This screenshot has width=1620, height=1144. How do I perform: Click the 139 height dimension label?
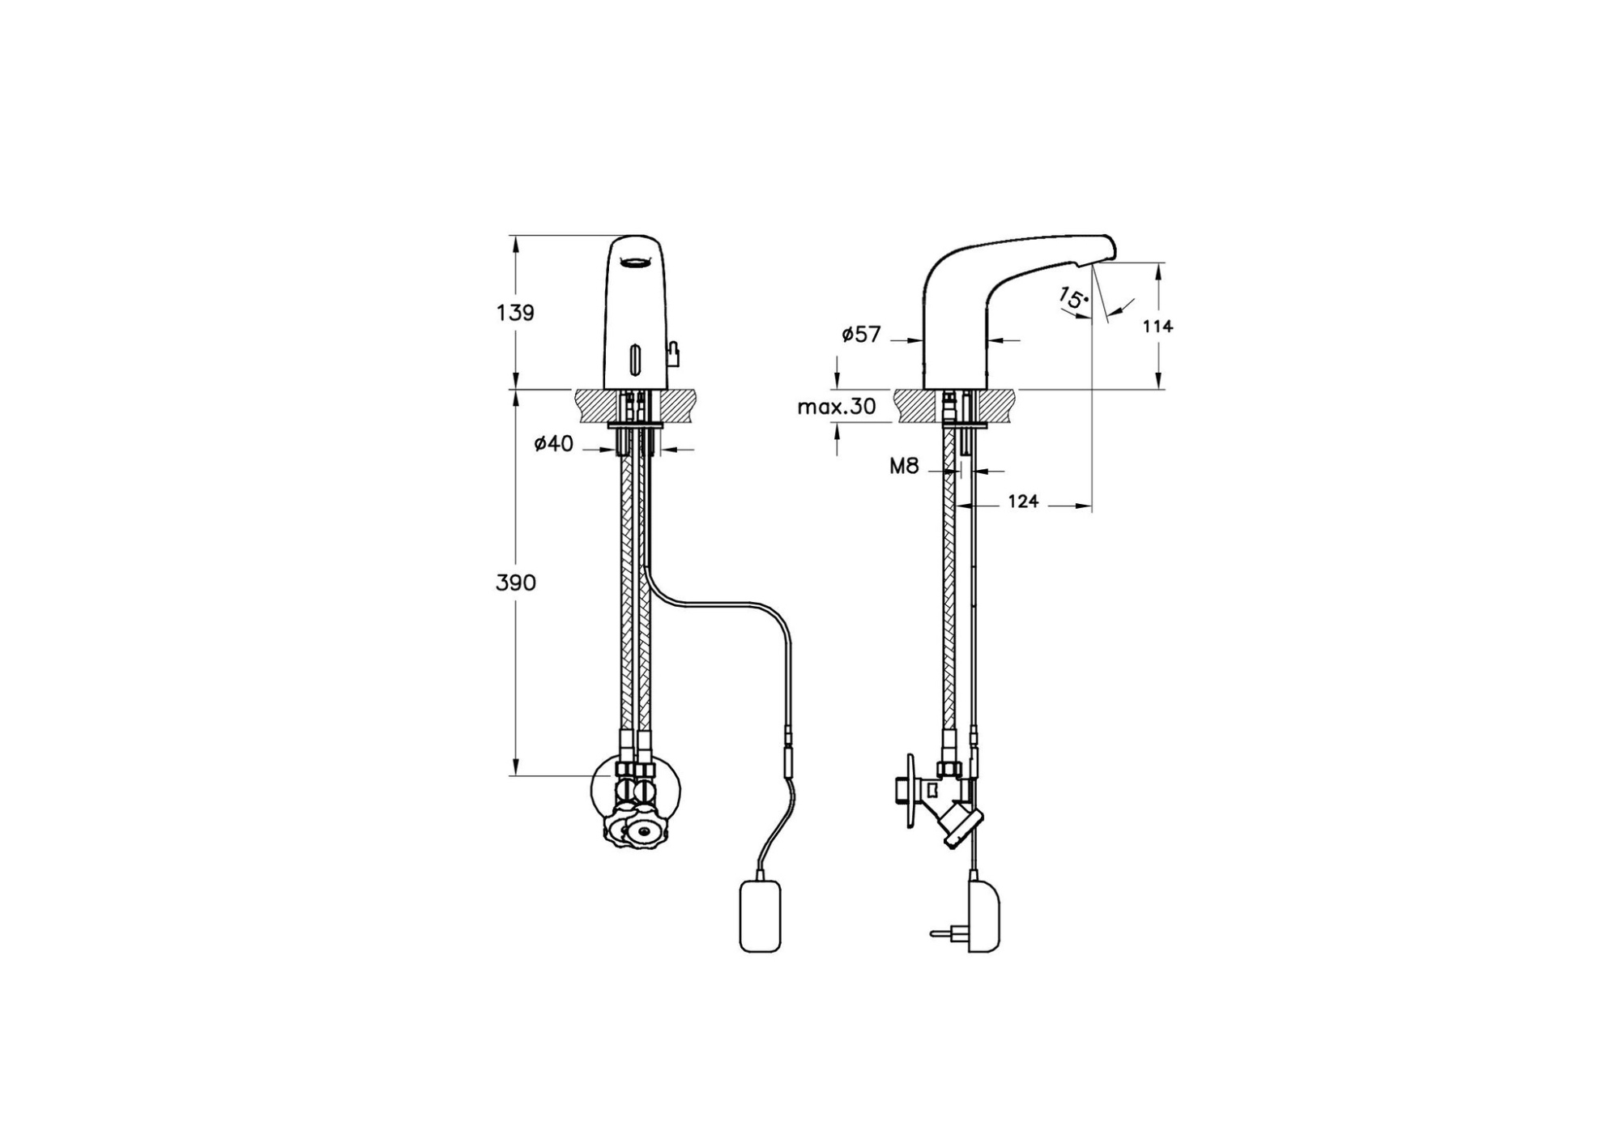(x=515, y=313)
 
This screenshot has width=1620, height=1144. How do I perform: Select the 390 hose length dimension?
(x=515, y=583)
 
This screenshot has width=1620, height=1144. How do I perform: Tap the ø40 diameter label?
(x=554, y=443)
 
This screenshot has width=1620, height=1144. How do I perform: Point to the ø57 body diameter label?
(x=860, y=334)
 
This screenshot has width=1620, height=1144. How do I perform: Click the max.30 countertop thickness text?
(x=837, y=407)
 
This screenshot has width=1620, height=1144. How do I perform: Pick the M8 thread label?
(x=904, y=466)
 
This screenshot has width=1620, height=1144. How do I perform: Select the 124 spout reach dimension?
(x=1023, y=502)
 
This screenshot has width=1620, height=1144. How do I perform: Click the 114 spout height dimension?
(x=1157, y=327)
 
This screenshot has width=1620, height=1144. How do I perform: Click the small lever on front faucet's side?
(x=672, y=352)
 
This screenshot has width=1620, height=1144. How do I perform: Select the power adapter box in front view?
(x=761, y=916)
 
